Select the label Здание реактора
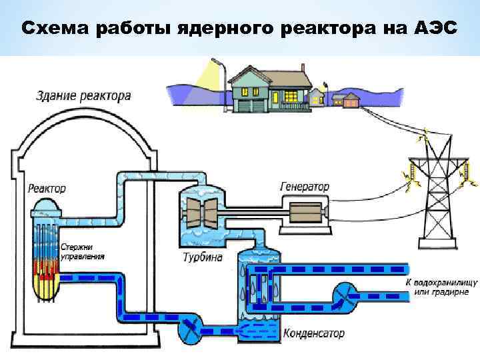[83, 96]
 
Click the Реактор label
[47, 189]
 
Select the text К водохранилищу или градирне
[437, 287]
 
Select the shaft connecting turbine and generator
[247, 212]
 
